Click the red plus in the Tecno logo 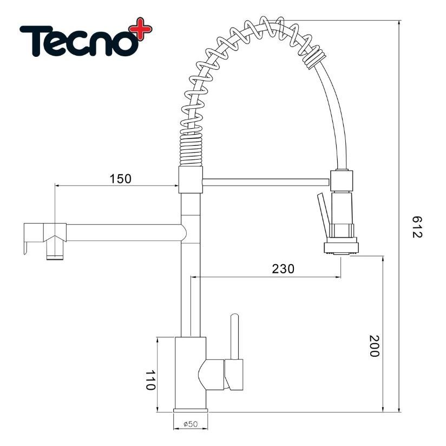pos(141,29)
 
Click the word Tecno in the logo pos(80,41)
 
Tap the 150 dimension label pos(121,179)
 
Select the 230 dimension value pos(283,268)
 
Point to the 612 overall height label pos(417,227)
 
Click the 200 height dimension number pos(375,346)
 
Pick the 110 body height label pos(150,380)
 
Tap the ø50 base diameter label pos(191,424)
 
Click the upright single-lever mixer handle pos(235,337)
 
